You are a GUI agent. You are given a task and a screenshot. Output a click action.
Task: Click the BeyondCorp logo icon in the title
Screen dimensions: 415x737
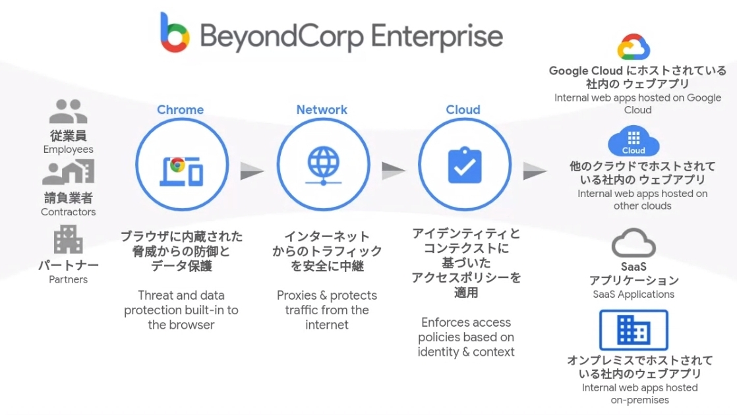tap(175, 32)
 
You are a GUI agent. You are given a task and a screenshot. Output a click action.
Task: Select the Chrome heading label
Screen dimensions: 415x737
tap(180, 109)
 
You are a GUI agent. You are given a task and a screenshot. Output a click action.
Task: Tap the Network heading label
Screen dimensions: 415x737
tap(322, 109)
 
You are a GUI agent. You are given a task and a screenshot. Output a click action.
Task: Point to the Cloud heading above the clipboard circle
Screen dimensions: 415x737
tap(463, 109)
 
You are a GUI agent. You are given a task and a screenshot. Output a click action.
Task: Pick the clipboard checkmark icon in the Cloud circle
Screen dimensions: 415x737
tap(465, 165)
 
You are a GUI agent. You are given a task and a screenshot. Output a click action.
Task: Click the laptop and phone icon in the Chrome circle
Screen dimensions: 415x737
tap(182, 171)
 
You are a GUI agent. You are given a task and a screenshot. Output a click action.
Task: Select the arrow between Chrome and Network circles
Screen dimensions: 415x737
tap(252, 171)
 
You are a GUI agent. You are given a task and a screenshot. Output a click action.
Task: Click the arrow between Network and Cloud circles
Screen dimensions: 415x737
tap(394, 171)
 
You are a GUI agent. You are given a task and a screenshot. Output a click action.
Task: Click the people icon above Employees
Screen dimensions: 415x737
tap(68, 112)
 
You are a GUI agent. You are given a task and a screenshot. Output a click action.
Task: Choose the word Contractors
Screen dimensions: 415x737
tap(68, 212)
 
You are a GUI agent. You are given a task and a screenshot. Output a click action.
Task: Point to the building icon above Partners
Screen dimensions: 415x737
tap(68, 239)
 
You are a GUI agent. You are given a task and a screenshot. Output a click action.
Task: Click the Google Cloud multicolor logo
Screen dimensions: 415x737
tap(634, 47)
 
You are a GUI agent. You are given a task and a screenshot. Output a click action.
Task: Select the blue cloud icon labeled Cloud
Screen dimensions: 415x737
tap(634, 142)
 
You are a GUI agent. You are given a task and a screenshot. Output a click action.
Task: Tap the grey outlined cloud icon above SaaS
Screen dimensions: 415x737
tap(634, 243)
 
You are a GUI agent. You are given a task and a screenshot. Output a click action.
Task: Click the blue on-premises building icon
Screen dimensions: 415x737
tap(634, 331)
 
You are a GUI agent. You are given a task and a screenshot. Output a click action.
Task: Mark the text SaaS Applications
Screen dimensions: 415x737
tap(633, 294)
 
